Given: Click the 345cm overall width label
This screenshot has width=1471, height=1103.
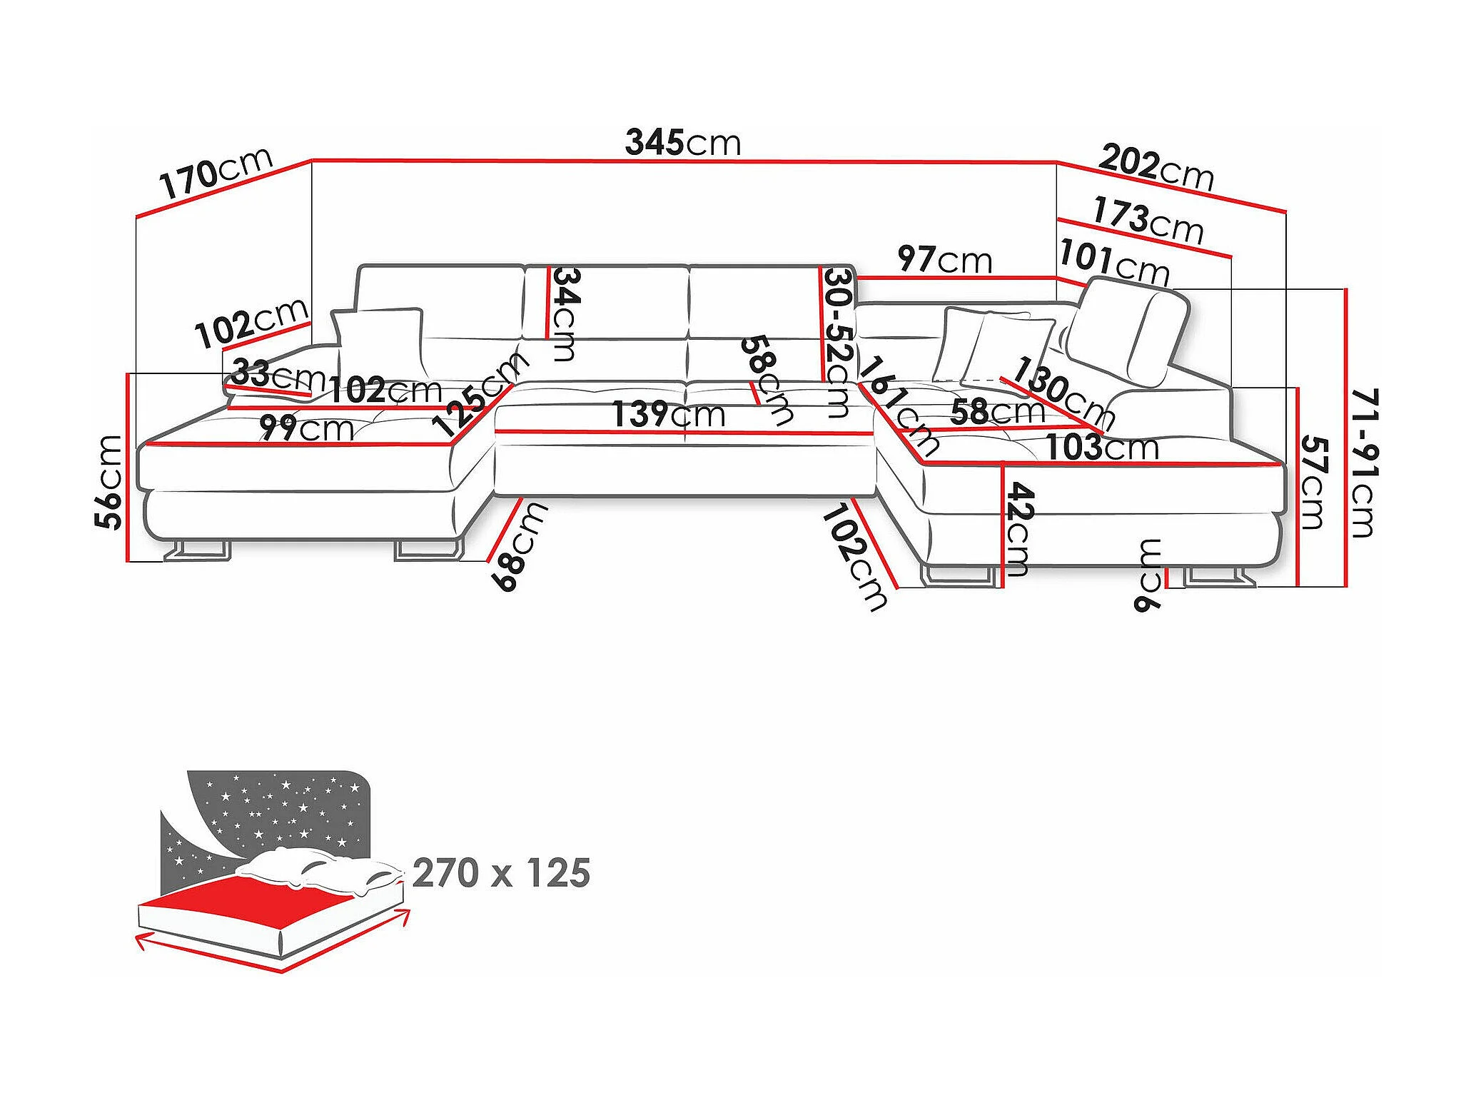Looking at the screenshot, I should (682, 143).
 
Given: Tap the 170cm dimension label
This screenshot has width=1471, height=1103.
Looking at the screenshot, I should (216, 173).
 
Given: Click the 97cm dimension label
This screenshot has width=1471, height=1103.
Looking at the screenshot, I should (944, 259).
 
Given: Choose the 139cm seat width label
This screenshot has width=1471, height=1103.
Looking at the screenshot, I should (668, 414).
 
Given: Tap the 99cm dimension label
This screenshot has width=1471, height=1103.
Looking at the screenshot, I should (305, 428).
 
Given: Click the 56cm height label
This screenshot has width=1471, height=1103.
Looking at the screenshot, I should (110, 482).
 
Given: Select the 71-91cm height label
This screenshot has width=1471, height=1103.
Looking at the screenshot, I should (1364, 463).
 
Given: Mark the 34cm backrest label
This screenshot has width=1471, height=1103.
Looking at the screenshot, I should (566, 313).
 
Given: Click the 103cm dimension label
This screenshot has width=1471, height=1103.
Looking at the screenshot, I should (1101, 448).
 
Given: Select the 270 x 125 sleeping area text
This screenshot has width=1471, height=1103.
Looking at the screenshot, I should (501, 873).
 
